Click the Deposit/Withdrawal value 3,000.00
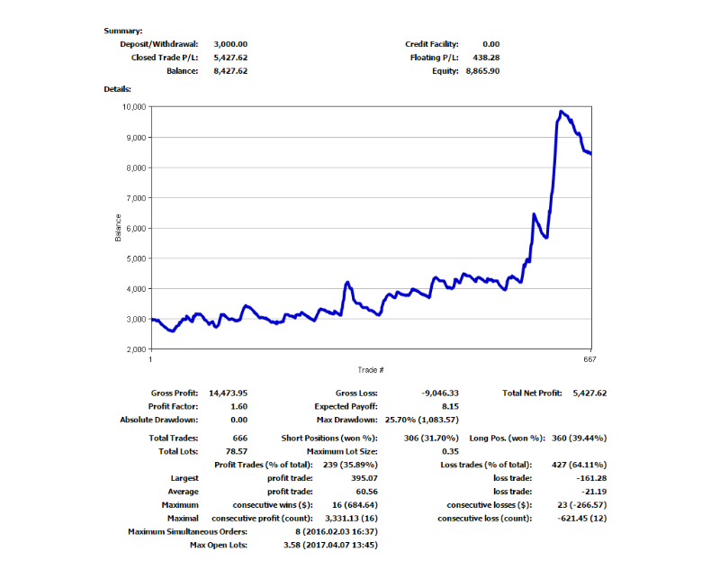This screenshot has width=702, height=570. tap(230, 44)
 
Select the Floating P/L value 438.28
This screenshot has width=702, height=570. tap(485, 58)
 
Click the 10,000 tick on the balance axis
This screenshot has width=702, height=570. tap(133, 107)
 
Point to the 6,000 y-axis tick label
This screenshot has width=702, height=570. tap(136, 229)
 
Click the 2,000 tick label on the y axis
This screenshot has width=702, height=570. tap(136, 349)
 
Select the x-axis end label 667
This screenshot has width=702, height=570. tap(590, 359)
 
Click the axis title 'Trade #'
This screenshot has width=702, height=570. tap(370, 369)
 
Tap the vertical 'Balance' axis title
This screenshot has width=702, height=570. tap(117, 228)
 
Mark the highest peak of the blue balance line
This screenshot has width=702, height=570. tap(561, 112)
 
